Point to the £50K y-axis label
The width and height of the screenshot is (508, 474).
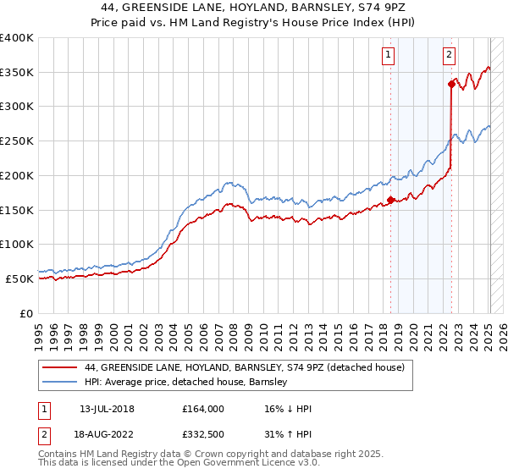(19, 278)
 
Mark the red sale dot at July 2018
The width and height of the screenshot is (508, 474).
(390, 200)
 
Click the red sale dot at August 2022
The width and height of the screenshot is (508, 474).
(451, 84)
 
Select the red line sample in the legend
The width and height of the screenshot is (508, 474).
(60, 367)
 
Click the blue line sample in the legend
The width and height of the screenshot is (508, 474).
(60, 383)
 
